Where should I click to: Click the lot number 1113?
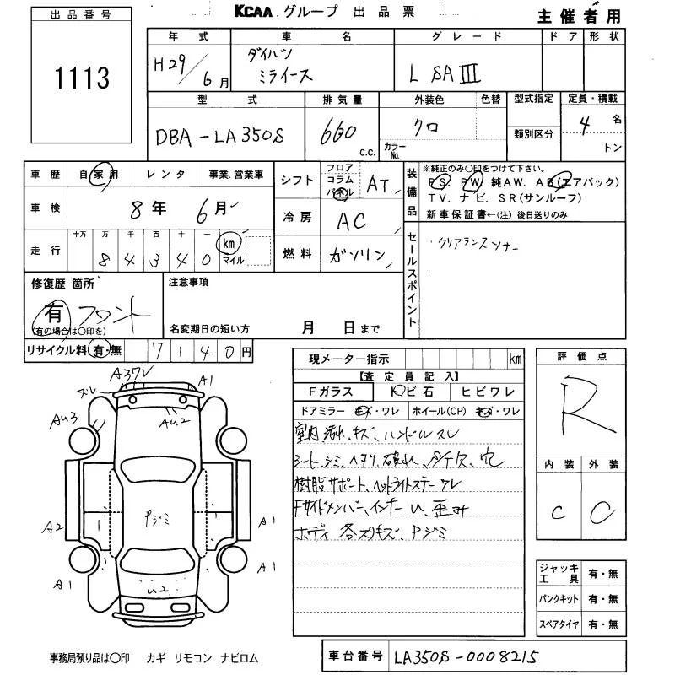pos(82,78)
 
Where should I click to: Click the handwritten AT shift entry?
pos(378,184)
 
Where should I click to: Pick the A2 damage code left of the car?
pos(53,527)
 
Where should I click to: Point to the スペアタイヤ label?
pos(558,624)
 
